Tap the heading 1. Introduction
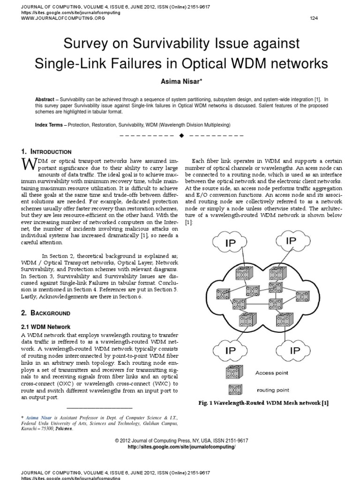(46, 152)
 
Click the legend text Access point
(271, 373)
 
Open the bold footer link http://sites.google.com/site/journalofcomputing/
(181, 447)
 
